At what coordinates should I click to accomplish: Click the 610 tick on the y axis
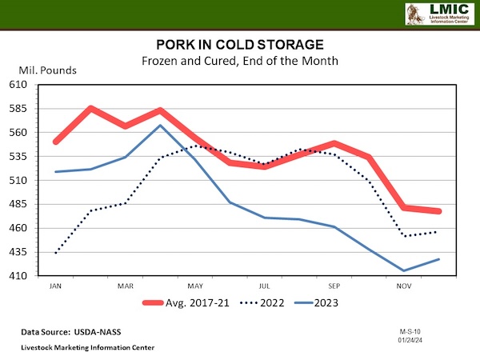point(19,84)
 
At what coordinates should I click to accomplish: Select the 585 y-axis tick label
point(19,108)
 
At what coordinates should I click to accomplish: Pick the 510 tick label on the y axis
point(19,180)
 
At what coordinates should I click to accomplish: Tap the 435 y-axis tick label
point(19,252)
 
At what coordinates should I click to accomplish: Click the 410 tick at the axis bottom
point(19,276)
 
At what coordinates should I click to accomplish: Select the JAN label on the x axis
point(56,286)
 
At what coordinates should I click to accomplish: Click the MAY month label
point(195,286)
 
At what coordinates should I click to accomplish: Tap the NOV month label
point(403,286)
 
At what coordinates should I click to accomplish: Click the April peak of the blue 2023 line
point(160,125)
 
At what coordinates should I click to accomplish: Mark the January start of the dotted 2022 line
point(56,253)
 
